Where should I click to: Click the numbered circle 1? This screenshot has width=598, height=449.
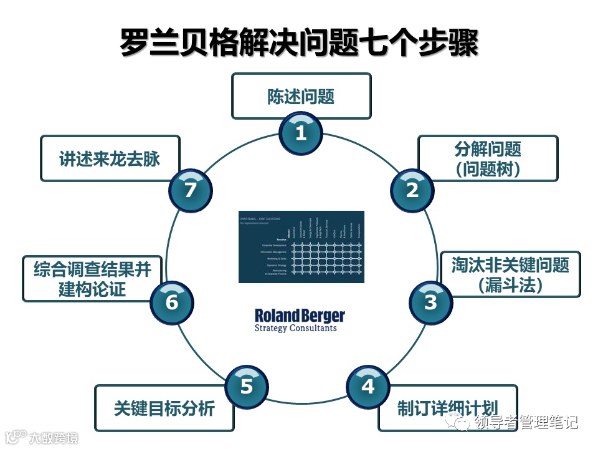301,132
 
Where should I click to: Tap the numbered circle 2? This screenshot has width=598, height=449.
412,190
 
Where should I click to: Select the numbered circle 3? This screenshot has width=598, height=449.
430,302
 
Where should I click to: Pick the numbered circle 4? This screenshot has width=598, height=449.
368,387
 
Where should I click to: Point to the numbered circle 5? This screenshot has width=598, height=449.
246,386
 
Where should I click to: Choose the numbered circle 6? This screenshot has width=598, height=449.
172,302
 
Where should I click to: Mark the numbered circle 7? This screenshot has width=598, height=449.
190,190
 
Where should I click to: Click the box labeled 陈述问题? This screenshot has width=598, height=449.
301,96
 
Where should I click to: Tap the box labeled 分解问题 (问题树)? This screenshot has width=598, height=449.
488,158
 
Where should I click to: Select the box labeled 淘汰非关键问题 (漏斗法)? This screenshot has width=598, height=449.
510,274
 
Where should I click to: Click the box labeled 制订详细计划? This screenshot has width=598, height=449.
447,408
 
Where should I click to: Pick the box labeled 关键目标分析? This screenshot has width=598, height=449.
164,408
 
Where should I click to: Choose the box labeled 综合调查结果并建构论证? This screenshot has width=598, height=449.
92,279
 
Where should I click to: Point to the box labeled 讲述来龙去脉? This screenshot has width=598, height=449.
110,158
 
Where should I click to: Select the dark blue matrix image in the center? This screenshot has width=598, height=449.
301,247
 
